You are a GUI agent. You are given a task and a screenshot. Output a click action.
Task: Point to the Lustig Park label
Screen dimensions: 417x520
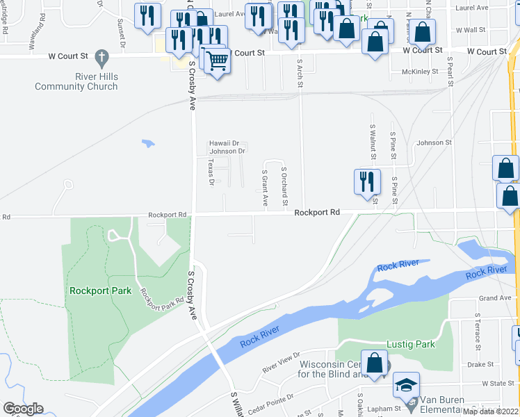coord(410,344)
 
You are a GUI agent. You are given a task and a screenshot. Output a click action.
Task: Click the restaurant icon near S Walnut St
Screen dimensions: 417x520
coord(367,181)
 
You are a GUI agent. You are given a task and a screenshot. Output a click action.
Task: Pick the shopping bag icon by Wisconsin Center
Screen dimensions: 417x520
coord(374,363)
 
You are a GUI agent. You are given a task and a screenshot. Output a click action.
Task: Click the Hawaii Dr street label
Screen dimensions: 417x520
coord(224,143)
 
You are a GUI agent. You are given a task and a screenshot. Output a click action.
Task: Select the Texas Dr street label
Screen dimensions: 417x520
coord(211,172)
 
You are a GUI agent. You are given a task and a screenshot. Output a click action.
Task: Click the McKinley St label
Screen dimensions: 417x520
coord(420,72)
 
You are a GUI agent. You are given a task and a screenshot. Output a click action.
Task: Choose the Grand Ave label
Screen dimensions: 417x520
coord(494,298)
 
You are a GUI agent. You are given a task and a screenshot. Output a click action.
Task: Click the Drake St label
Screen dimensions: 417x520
coord(480,363)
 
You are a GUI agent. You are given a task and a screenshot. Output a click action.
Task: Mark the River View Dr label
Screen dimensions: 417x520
coord(279,361)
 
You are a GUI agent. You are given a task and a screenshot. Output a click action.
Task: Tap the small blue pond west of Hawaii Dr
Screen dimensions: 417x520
coord(147,144)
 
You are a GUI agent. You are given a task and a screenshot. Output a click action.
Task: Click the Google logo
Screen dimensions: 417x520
coord(23,409)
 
